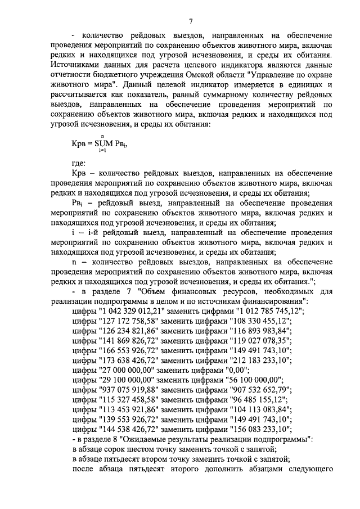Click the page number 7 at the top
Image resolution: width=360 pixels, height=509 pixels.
click(x=191, y=21)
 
